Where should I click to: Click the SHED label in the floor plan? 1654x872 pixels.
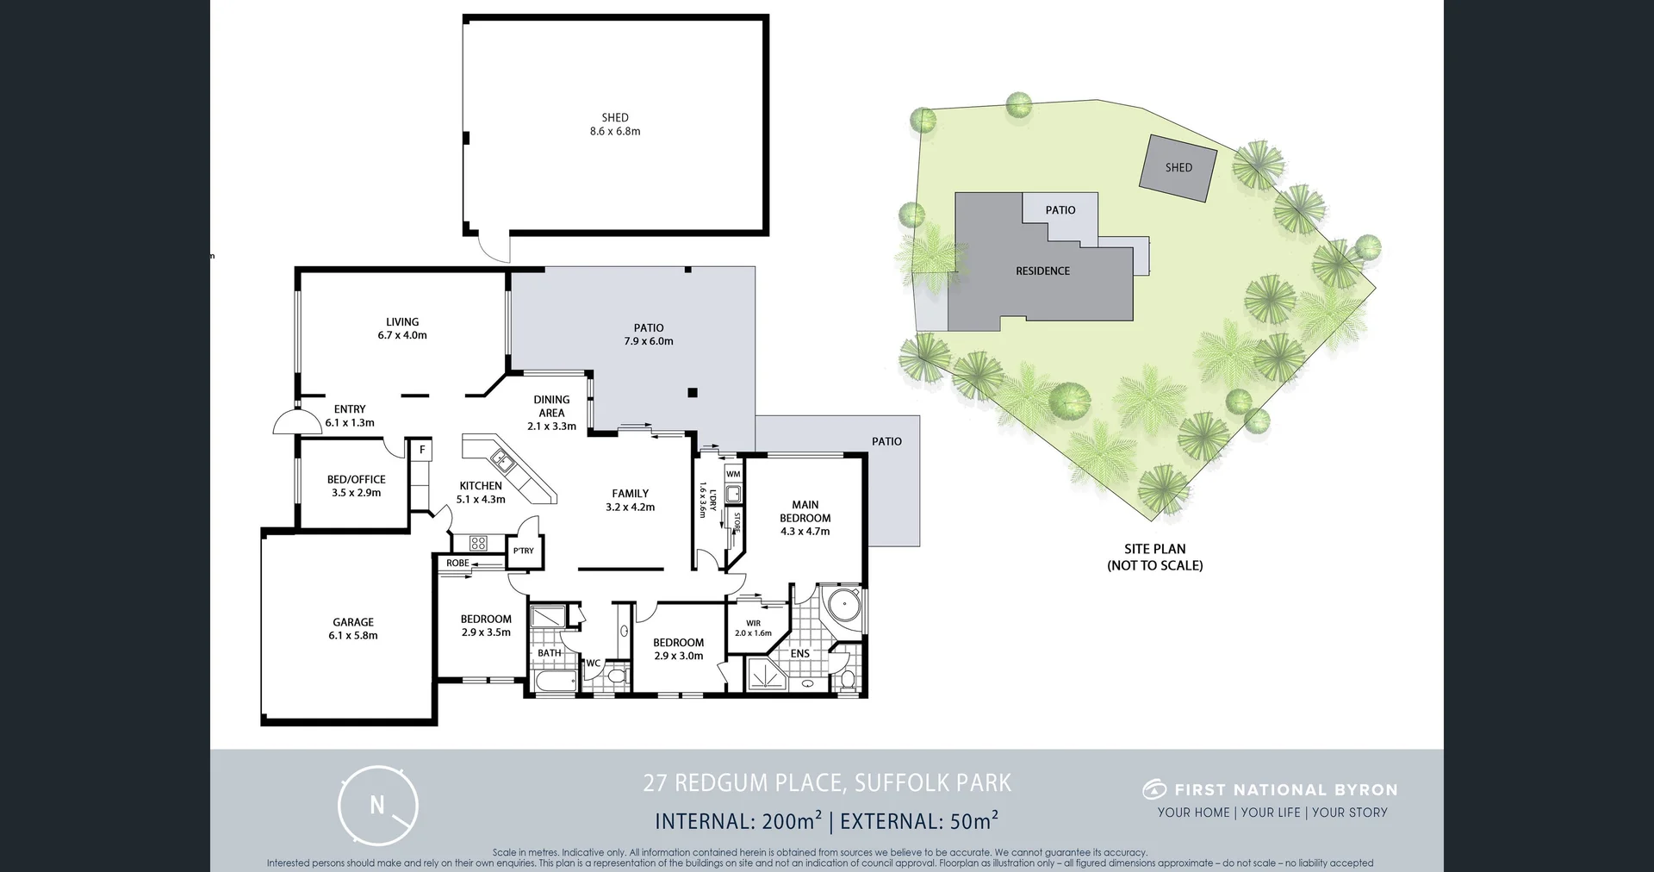tap(615, 118)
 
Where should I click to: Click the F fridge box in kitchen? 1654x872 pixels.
tap(422, 450)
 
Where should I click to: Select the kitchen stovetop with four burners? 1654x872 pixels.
tap(478, 543)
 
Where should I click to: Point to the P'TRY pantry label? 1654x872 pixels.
tap(523, 551)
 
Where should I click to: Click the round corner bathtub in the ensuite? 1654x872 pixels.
tap(844, 606)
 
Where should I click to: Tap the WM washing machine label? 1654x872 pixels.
tap(733, 475)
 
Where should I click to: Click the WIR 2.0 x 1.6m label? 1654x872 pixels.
tap(753, 627)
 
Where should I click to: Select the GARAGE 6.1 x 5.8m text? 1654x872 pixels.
tap(353, 628)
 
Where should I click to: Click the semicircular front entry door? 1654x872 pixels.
tap(295, 422)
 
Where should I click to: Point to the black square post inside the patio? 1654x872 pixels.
tap(693, 393)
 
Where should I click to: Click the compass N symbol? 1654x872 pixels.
tap(377, 806)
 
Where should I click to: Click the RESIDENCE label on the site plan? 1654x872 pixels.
tap(1042, 271)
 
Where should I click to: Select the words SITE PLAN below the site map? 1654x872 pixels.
tap(1154, 549)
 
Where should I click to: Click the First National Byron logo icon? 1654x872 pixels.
tap(1154, 789)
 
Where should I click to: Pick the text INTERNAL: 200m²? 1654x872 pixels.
tap(738, 821)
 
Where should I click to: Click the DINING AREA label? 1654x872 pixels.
tap(551, 406)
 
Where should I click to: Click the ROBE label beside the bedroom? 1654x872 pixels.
tap(457, 564)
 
